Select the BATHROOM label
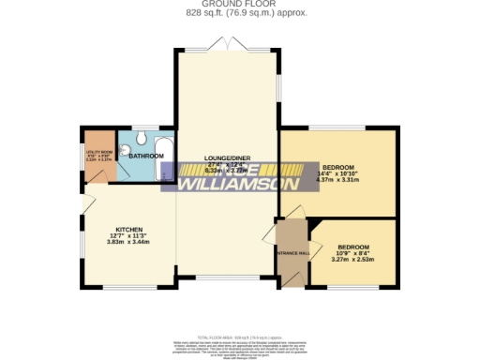click(x=147, y=156)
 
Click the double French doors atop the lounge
click(x=227, y=44)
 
